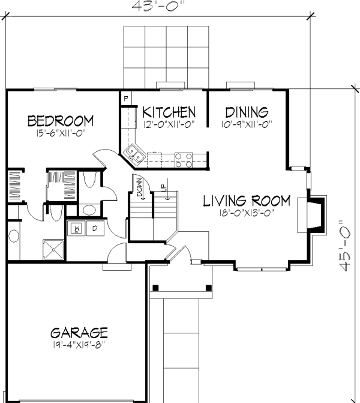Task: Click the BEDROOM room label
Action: [x=61, y=121]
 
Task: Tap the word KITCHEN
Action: [x=169, y=112]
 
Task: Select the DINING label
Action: [x=246, y=112]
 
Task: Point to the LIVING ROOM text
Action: [x=246, y=201]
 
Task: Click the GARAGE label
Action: [x=79, y=332]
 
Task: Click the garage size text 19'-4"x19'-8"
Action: [x=79, y=345]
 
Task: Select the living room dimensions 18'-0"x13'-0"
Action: [x=246, y=213]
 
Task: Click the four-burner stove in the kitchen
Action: [x=184, y=159]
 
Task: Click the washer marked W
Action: [x=77, y=228]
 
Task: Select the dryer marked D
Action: [x=95, y=228]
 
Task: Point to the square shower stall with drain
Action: [x=54, y=249]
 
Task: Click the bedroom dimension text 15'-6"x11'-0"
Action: [x=61, y=134]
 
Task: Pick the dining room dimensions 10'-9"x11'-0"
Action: [x=246, y=125]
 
